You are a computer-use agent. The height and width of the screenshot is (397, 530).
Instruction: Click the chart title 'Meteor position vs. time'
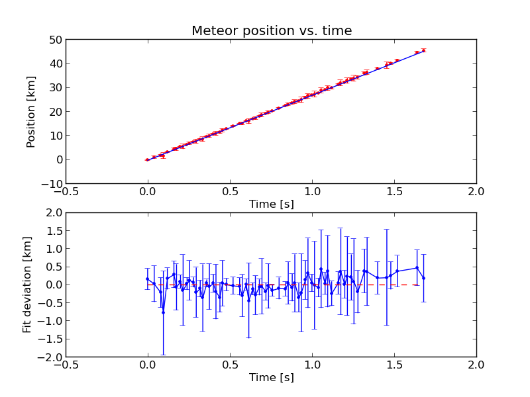click(x=272, y=30)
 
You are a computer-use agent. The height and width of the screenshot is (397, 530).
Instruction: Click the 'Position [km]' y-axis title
click(x=30, y=112)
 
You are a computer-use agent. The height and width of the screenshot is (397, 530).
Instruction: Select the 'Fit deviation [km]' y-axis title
click(x=26, y=285)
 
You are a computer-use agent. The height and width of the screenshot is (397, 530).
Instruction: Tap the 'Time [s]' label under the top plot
click(x=272, y=204)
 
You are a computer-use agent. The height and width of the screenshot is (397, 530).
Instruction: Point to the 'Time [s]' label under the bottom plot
click(x=272, y=377)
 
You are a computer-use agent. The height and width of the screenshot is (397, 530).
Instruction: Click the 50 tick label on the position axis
click(x=56, y=40)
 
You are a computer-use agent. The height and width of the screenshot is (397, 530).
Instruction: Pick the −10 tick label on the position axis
click(x=52, y=184)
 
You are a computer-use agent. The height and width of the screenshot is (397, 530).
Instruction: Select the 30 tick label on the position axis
click(x=56, y=88)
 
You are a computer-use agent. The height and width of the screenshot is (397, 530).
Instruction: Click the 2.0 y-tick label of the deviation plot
click(x=54, y=212)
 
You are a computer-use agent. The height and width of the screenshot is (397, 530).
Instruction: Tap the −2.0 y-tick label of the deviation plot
click(x=50, y=357)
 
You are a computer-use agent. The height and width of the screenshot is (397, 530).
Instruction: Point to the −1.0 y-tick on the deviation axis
click(x=50, y=321)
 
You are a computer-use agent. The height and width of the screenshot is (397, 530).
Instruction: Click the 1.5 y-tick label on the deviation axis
click(x=54, y=231)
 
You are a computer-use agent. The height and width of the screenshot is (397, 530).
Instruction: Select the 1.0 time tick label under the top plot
click(x=312, y=192)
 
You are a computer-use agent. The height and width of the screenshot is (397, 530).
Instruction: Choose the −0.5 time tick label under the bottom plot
click(x=66, y=365)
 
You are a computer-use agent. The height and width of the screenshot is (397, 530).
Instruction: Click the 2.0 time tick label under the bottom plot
click(x=476, y=365)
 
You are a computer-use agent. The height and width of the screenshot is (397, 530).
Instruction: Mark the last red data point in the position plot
click(x=423, y=51)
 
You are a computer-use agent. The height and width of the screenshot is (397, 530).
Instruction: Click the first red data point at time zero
click(x=147, y=159)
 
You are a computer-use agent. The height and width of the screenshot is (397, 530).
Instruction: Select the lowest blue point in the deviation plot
click(x=163, y=312)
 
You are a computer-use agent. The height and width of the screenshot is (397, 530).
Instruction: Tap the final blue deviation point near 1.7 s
click(x=423, y=278)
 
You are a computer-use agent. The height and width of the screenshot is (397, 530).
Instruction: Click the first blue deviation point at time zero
click(x=147, y=279)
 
